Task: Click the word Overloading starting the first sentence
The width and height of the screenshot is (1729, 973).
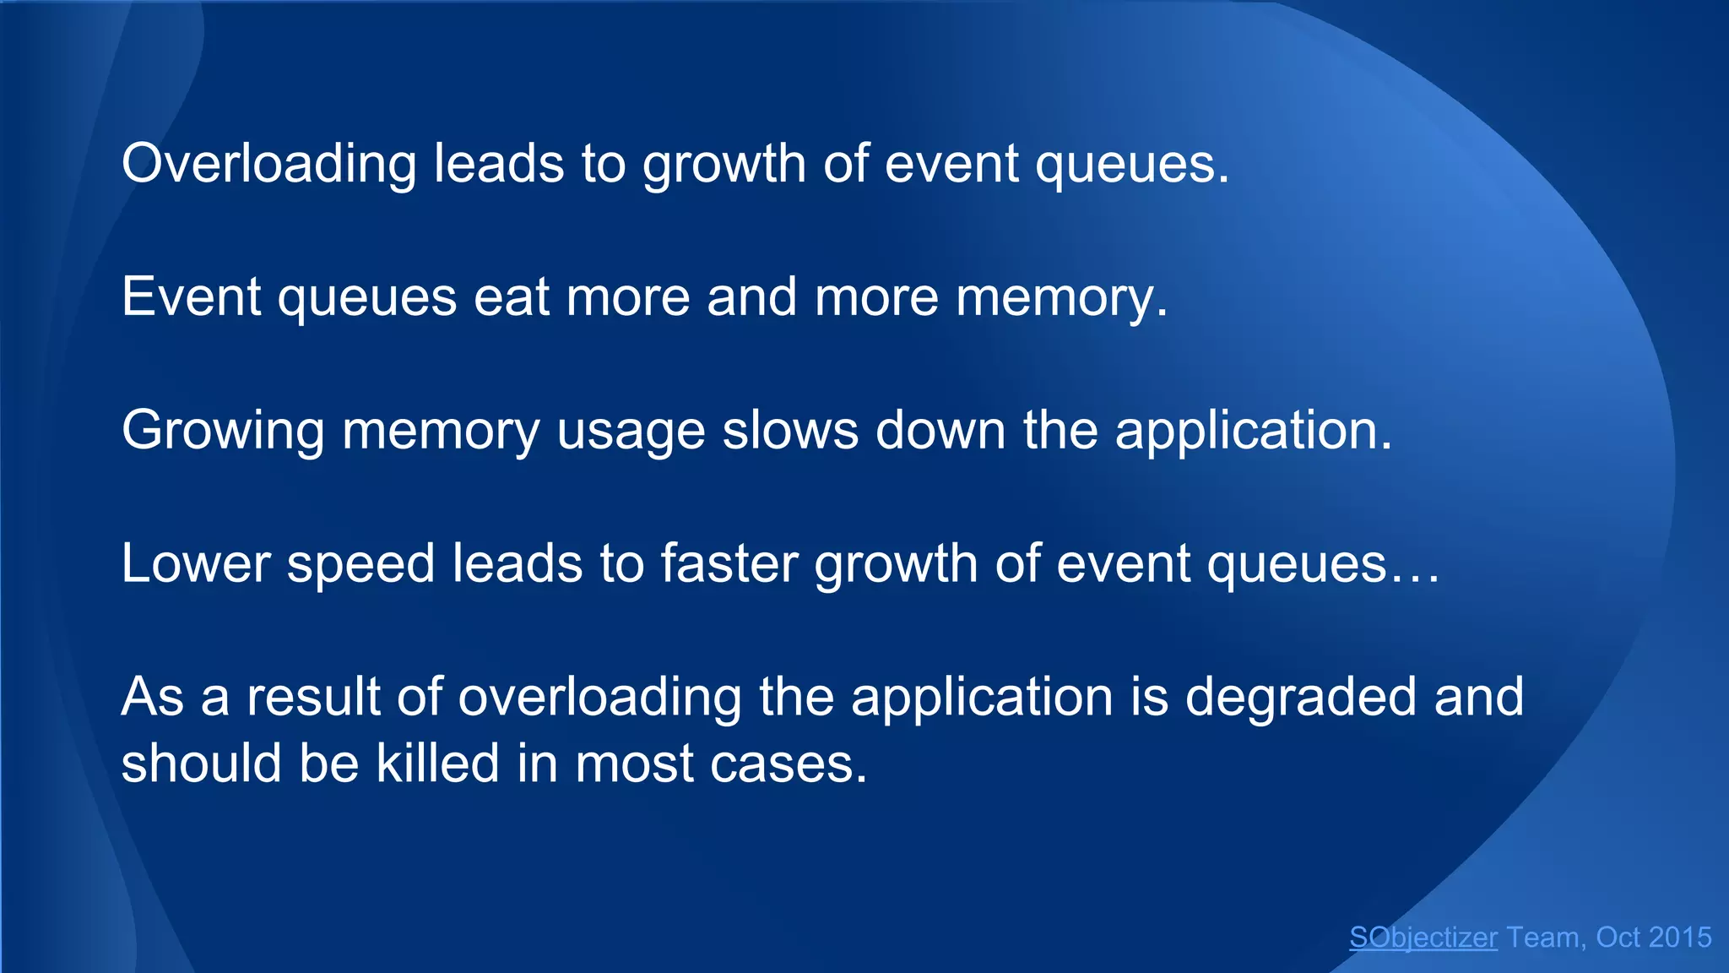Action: coord(268,164)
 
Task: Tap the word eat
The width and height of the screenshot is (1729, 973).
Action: coord(512,297)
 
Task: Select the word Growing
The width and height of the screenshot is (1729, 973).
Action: coord(223,431)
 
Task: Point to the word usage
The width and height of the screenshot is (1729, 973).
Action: coord(631,431)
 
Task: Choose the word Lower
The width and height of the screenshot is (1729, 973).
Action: coord(195,563)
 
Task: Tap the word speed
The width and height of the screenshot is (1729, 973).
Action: coord(360,565)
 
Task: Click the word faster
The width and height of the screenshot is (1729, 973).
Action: coord(729,563)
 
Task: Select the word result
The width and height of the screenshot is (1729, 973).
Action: coord(313,697)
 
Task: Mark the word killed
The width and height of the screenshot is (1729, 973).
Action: coord(437,763)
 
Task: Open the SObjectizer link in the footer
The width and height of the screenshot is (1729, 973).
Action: coord(1423,938)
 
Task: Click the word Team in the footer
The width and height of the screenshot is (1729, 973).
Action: coord(1544,938)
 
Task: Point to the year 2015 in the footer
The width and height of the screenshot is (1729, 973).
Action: coord(1679,938)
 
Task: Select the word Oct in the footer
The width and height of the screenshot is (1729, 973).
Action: coord(1617,938)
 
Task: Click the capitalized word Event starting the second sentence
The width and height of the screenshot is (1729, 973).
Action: coord(192,297)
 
